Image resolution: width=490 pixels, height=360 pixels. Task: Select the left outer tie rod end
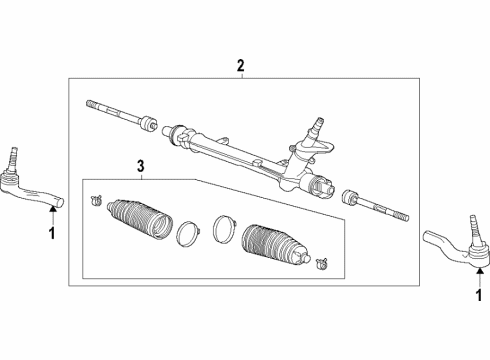click(x=30, y=190)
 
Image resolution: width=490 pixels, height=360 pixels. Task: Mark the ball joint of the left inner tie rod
click(x=148, y=125)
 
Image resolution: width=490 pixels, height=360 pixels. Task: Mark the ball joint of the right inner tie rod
click(x=351, y=197)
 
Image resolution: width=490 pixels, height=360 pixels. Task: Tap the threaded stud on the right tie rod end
click(x=470, y=223)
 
